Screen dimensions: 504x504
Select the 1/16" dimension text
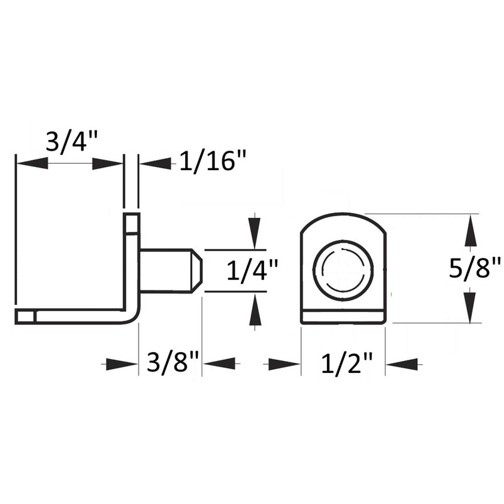pyautogui.click(x=212, y=162)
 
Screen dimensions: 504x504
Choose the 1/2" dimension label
pyautogui.click(x=343, y=364)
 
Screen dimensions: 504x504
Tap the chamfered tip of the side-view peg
pyautogui.click(x=197, y=270)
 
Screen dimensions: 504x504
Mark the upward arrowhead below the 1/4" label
pyautogui.click(x=254, y=309)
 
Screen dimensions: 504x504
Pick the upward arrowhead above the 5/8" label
pyautogui.click(x=469, y=231)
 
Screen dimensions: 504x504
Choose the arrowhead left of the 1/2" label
pyautogui.click(x=283, y=364)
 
